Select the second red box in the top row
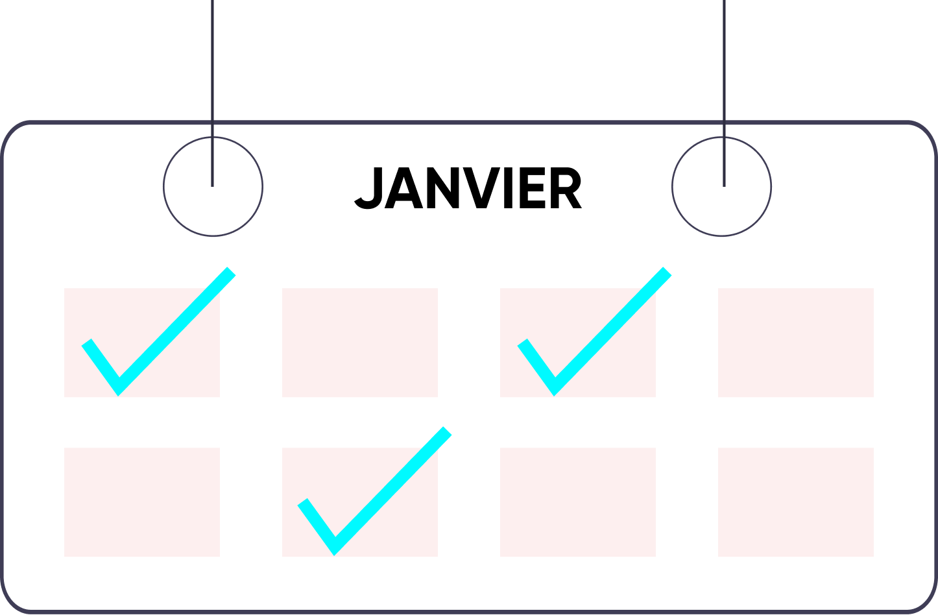[x=360, y=343]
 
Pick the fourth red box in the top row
[x=796, y=343]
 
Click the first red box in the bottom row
[x=142, y=502]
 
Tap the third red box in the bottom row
[x=578, y=502]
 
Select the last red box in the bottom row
[x=796, y=502]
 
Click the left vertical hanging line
[x=212, y=65]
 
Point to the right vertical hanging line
[x=723, y=65]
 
